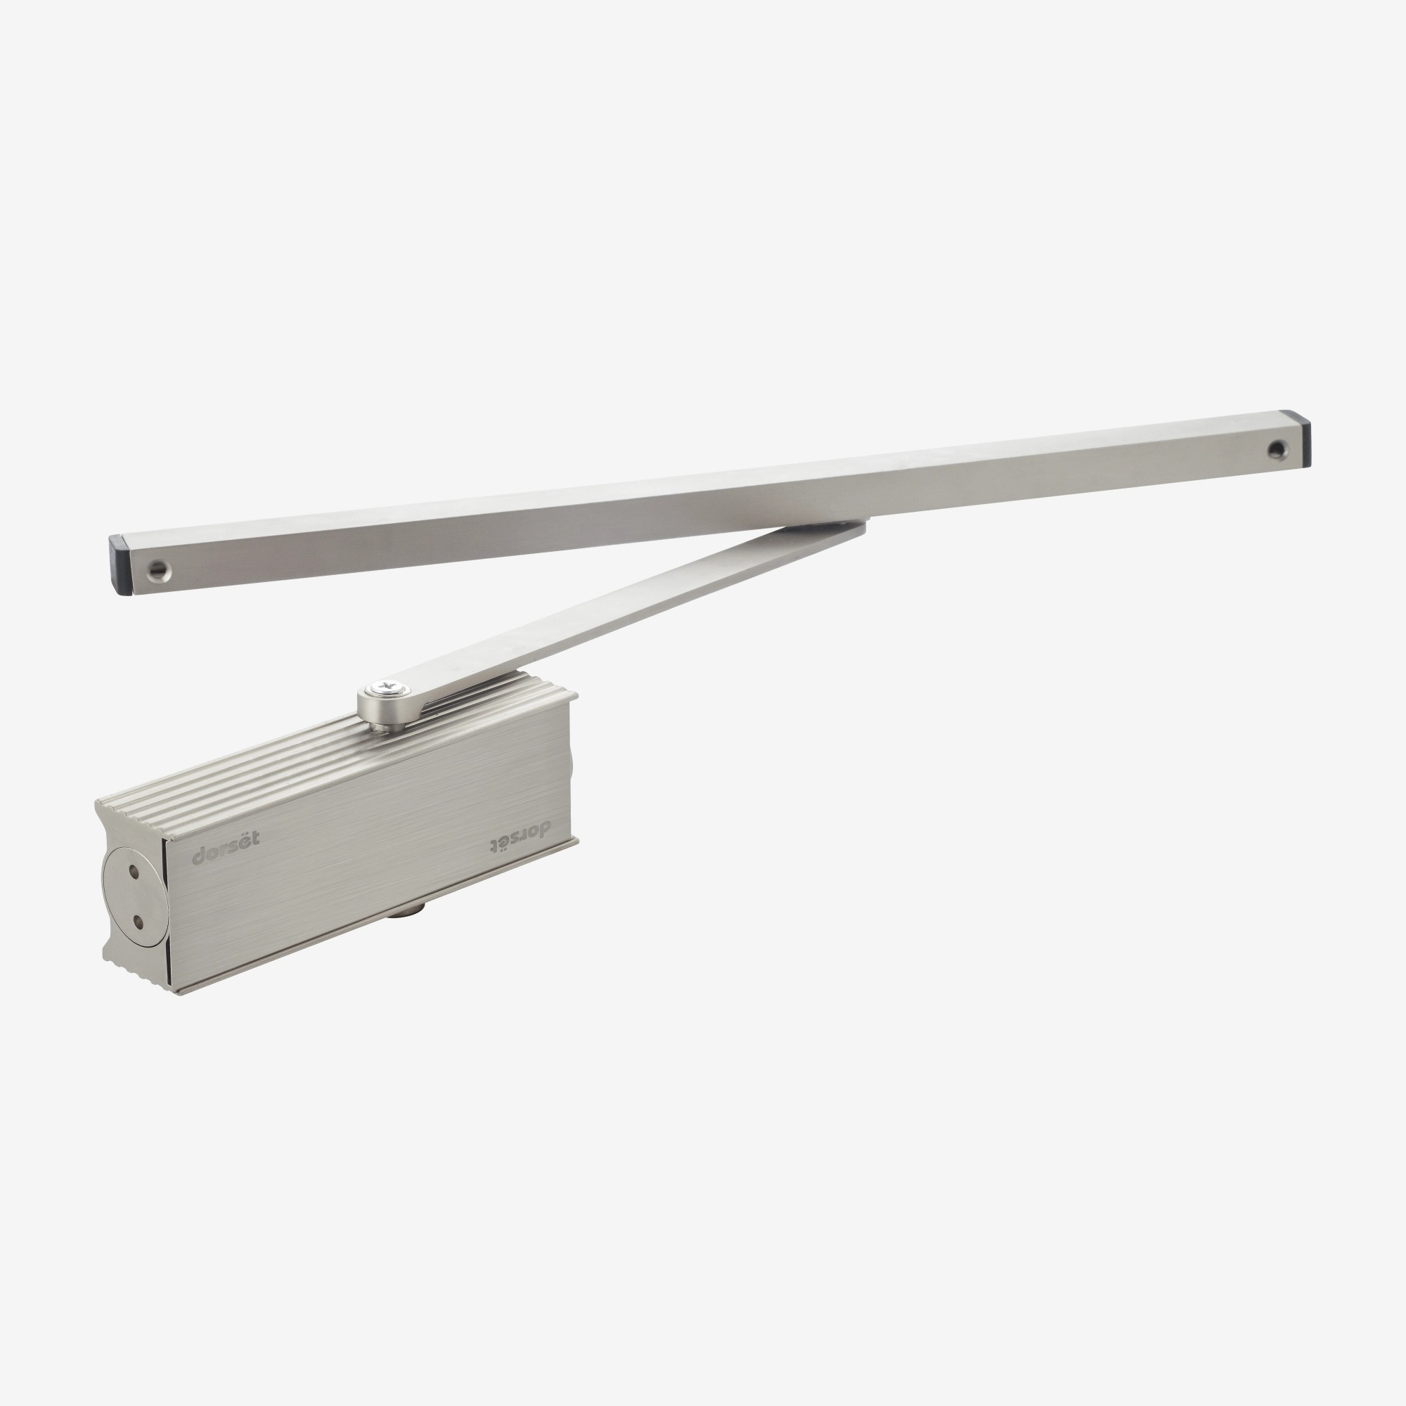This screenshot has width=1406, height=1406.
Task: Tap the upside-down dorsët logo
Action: (x=519, y=836)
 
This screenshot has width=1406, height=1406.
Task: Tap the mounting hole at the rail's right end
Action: (x=1277, y=450)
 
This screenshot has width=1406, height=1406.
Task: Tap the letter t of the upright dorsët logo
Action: (x=253, y=839)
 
